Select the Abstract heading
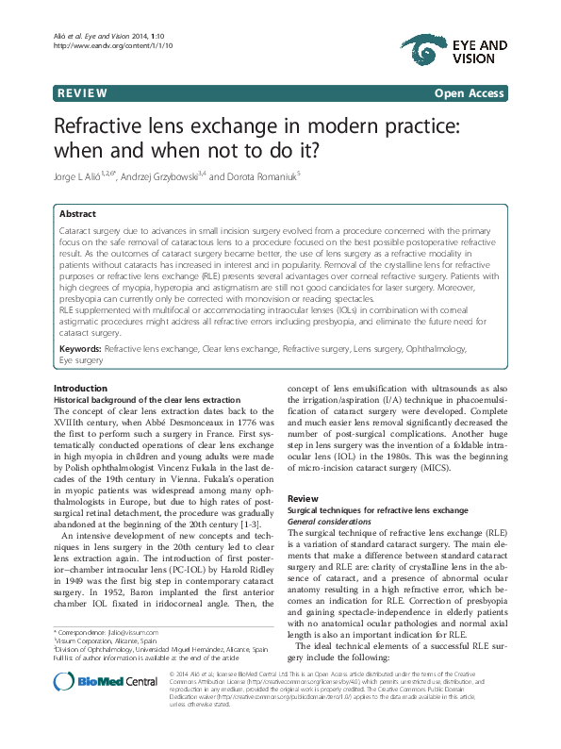click(x=77, y=214)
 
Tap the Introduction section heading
click(x=80, y=362)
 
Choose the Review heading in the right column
click(x=303, y=497)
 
